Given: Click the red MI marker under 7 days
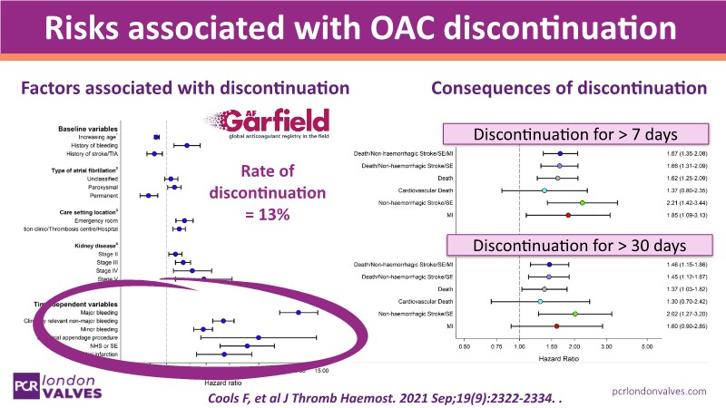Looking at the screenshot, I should (568, 215).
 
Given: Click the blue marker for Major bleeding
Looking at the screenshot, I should (298, 312).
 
